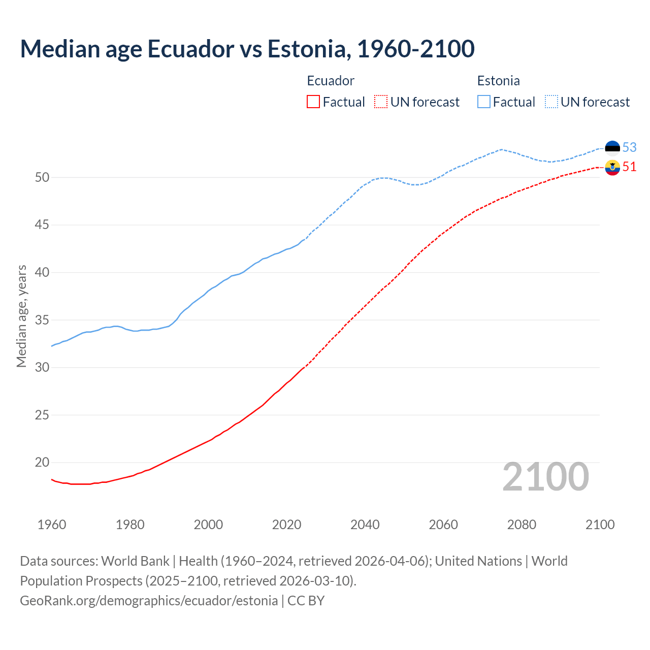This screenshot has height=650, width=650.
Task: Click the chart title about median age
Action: click(x=247, y=49)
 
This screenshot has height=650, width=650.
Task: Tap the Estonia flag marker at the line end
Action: click(x=612, y=148)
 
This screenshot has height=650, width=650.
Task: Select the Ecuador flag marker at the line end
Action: click(x=612, y=167)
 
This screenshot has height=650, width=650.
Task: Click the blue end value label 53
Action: click(x=629, y=147)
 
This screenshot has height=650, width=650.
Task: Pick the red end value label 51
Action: click(x=629, y=167)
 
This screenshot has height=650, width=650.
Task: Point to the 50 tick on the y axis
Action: click(x=42, y=177)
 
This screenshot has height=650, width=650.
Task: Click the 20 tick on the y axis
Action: click(x=42, y=462)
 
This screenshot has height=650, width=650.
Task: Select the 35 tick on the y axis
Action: click(x=42, y=320)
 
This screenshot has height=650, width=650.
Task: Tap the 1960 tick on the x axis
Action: click(x=52, y=525)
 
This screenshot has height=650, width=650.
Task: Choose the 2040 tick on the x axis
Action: click(x=365, y=525)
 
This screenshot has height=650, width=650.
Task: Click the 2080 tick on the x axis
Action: click(x=522, y=525)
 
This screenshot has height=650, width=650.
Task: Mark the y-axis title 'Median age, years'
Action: click(x=21, y=316)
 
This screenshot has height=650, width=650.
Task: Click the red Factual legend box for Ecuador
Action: click(x=313, y=102)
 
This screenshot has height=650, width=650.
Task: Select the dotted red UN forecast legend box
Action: click(x=381, y=102)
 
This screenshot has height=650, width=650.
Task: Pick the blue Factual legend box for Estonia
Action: click(x=484, y=102)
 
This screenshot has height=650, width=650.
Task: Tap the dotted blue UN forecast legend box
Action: click(x=551, y=102)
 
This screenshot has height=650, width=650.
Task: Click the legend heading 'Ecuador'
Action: click(x=331, y=81)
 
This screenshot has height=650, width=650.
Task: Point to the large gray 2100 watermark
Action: click(x=545, y=477)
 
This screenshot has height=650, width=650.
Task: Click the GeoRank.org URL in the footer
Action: click(x=149, y=600)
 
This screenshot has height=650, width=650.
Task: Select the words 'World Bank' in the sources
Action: click(x=135, y=561)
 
